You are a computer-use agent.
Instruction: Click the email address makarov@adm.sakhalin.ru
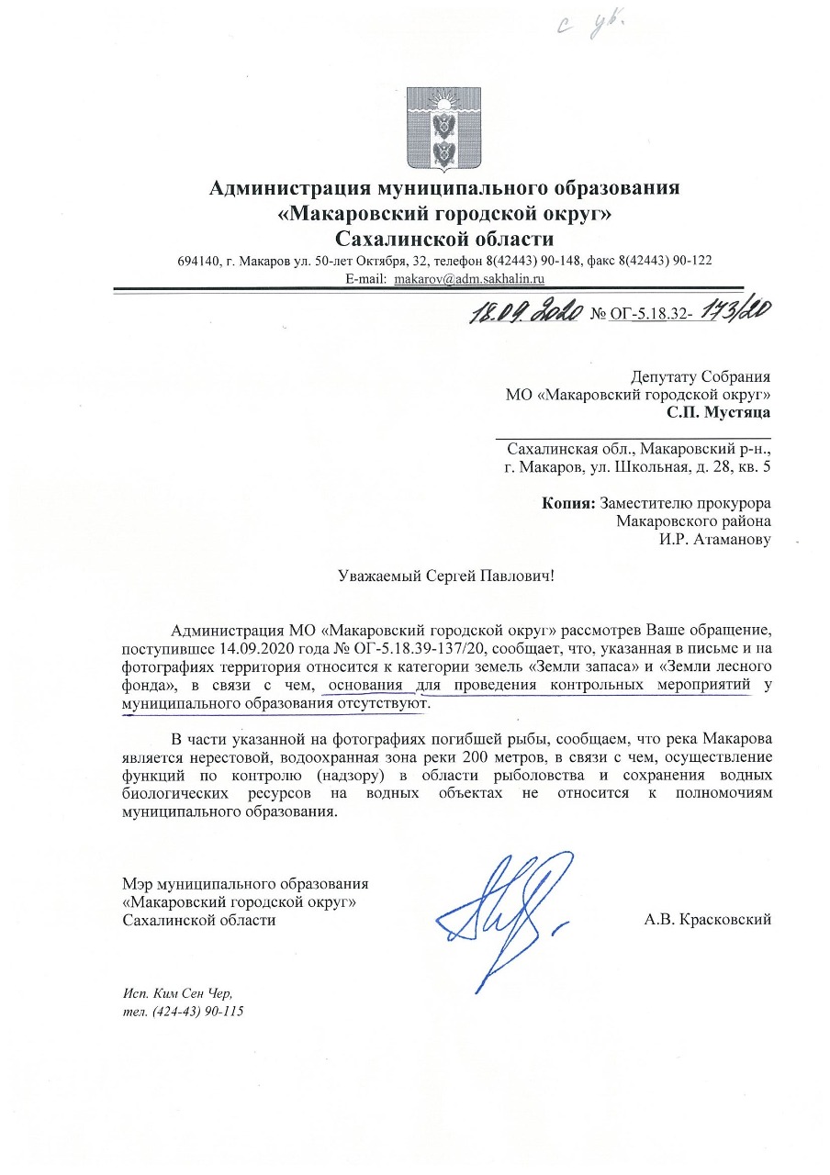click(x=470, y=277)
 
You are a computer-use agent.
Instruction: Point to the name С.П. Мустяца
click(x=719, y=412)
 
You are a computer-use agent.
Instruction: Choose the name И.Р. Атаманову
click(x=714, y=539)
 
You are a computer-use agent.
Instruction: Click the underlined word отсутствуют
click(x=383, y=702)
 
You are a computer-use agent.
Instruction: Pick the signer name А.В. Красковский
click(x=708, y=919)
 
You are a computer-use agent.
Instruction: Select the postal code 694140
click(x=197, y=260)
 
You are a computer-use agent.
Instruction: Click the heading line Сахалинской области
click(x=444, y=239)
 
